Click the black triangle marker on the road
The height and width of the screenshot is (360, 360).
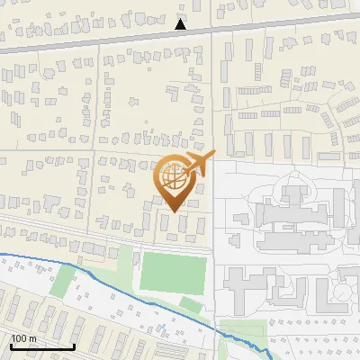coord(181,25)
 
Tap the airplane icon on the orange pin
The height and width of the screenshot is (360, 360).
coord(199,164)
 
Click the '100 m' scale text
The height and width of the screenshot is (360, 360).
coord(24,338)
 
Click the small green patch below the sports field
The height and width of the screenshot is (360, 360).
coord(190,305)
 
